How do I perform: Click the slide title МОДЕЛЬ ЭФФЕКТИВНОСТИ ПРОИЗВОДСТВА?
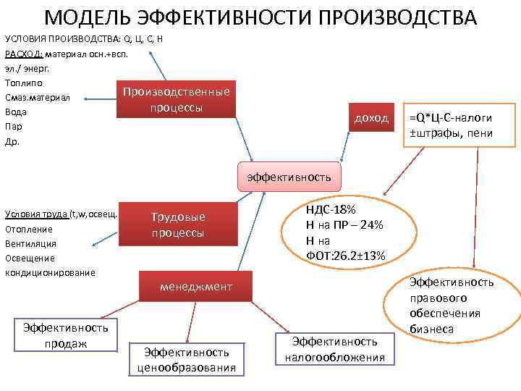click(x=260, y=17)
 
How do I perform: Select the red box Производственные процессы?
click(x=176, y=100)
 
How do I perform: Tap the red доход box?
click(x=371, y=118)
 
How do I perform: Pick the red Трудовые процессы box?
click(x=177, y=225)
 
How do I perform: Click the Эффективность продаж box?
click(x=66, y=335)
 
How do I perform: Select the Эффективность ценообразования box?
click(x=187, y=359)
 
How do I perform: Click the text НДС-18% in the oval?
click(x=331, y=209)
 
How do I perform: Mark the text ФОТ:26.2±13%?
click(x=346, y=255)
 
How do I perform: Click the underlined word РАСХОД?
click(x=22, y=54)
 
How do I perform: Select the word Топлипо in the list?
click(x=24, y=83)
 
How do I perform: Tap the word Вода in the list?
click(x=16, y=112)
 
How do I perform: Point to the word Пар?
click(x=14, y=127)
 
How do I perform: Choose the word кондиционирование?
click(x=50, y=272)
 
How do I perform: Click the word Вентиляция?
click(x=30, y=243)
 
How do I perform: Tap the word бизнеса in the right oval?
click(x=432, y=329)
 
